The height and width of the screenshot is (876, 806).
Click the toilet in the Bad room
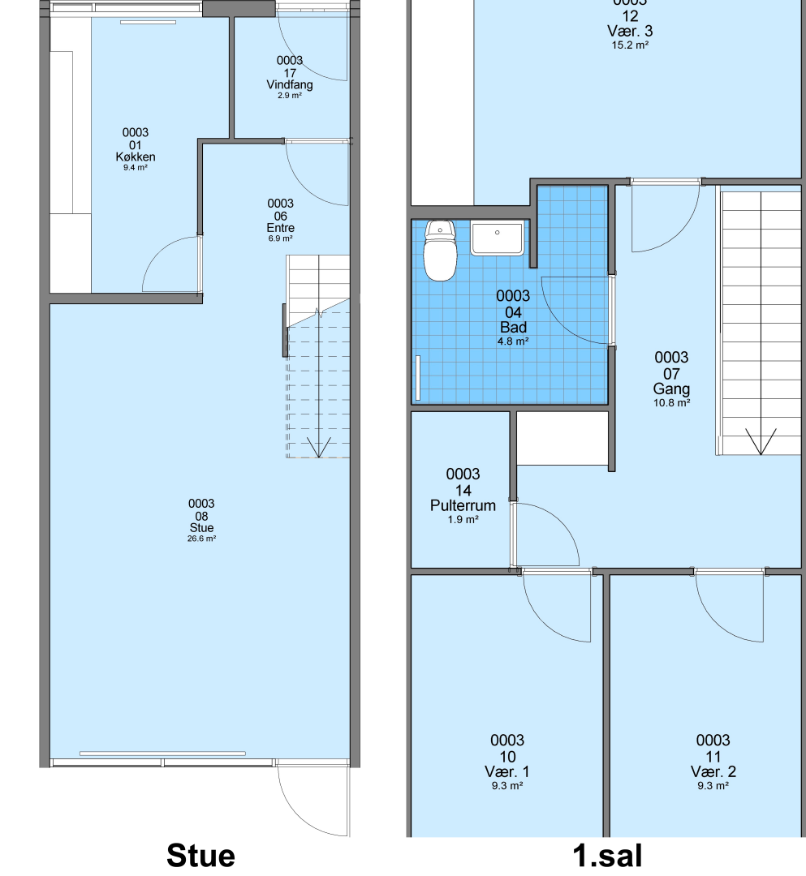point(440,250)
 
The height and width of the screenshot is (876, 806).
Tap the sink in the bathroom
point(498,238)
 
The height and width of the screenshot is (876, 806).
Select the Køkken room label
point(136,157)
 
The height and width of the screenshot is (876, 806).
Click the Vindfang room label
point(290,85)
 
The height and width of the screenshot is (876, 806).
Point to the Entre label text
point(281,228)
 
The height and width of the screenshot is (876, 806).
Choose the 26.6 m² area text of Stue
point(202,539)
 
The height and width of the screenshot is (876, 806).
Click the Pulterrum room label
point(463,505)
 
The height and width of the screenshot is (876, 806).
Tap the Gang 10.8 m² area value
point(672,403)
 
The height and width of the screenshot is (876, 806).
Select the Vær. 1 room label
point(507,771)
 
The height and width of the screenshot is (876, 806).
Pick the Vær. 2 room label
point(713,771)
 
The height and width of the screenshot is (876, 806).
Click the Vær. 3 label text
point(630,32)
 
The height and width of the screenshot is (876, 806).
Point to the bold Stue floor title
point(200,856)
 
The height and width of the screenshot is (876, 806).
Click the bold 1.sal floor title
point(608,856)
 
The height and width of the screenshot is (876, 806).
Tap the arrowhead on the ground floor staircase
point(319,448)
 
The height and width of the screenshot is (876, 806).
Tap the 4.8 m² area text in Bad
point(513,341)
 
